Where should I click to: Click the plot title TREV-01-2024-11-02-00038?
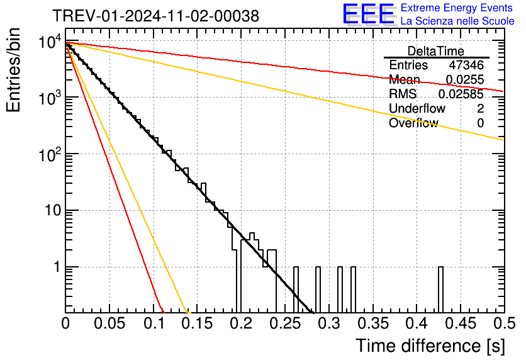coord(155,16)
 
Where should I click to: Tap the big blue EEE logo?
coord(367,14)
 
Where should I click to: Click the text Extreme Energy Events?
coord(457,8)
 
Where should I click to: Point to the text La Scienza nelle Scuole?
coord(457,21)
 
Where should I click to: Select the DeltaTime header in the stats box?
coord(435,51)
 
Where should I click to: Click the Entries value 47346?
coord(466,65)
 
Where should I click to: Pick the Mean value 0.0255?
coord(465,80)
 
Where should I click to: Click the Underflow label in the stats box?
coord(417,109)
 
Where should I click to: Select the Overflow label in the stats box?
coord(413,123)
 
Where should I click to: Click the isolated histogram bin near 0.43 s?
coord(440,290)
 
